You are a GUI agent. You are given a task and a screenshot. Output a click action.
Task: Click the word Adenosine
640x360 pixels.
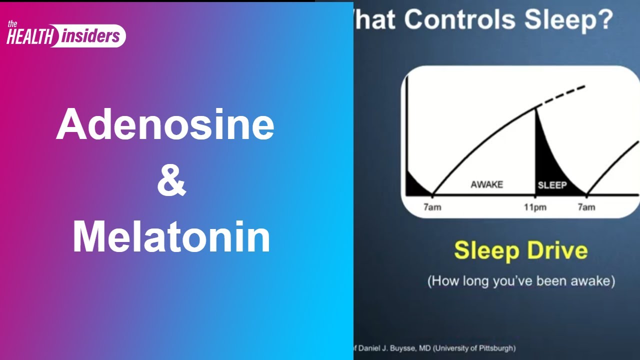[x=165, y=124]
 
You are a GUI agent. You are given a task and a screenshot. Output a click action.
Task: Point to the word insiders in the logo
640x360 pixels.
[x=91, y=36]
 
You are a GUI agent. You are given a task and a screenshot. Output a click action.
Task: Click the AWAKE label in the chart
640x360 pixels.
[x=486, y=185]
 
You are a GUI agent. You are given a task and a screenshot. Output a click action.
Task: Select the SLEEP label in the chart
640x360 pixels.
[x=552, y=185]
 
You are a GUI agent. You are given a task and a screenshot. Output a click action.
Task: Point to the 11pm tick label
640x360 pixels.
[x=535, y=207]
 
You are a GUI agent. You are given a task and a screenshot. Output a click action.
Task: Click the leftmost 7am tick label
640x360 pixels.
[x=432, y=207]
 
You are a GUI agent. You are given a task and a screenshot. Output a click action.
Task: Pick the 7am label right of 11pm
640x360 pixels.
[x=586, y=207]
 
